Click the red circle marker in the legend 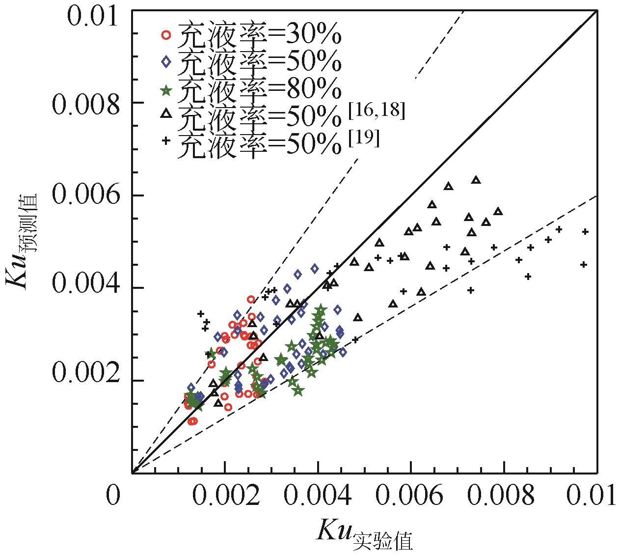[x=166, y=34]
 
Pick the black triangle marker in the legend [x=166, y=114]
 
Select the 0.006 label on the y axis [x=86, y=196]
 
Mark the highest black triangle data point [x=476, y=180]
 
